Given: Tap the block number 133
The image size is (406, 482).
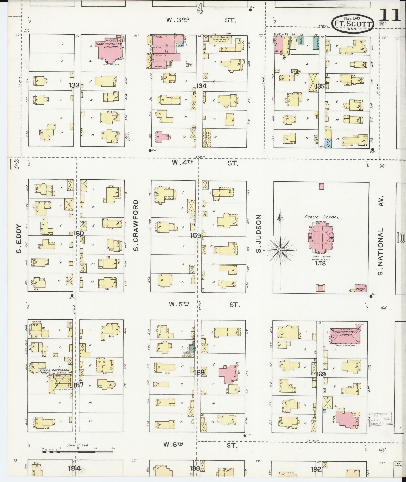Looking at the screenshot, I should pos(74,85).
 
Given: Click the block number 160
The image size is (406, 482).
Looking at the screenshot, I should pos(78,234).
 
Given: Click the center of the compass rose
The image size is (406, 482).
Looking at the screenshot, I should pos(280,250).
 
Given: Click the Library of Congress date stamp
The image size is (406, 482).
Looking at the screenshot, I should pos(381,420).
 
